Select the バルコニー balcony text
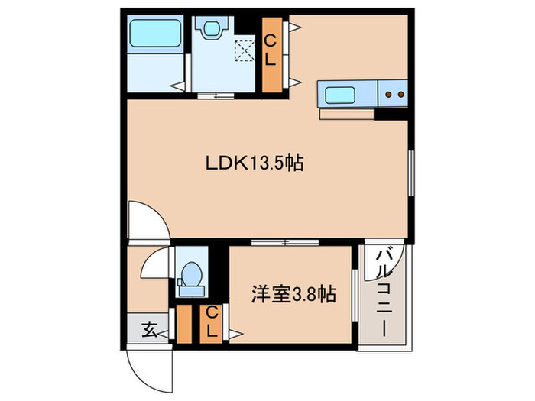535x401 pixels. (x=384, y=291)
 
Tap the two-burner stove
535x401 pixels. (x=394, y=95)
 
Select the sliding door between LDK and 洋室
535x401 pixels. (x=284, y=243)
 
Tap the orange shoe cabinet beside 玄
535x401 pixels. (x=184, y=324)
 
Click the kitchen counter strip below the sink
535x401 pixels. (x=348, y=115)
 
